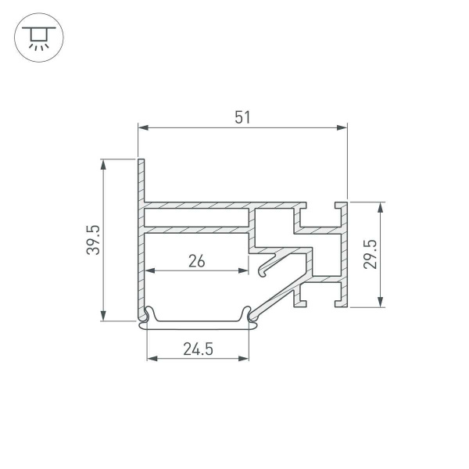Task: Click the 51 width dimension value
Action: (x=242, y=117)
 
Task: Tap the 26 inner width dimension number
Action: (x=197, y=261)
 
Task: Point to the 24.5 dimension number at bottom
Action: (x=199, y=349)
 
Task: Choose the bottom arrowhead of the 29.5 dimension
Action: (x=381, y=303)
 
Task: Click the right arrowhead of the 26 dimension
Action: (x=244, y=271)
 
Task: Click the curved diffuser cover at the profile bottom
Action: (x=199, y=323)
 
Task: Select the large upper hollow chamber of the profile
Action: (x=195, y=217)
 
